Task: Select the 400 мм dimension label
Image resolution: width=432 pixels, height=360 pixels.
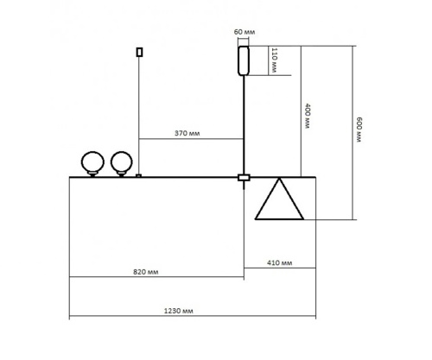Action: (x=307, y=115)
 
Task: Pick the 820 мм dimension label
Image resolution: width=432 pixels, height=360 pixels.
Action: (x=156, y=270)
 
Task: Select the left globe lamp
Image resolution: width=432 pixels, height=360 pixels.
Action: (x=92, y=161)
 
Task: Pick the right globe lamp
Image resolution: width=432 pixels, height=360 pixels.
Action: (x=121, y=161)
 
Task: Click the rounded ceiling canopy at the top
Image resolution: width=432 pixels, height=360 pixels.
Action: (x=244, y=60)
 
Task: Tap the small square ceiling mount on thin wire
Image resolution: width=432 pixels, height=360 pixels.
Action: (x=138, y=52)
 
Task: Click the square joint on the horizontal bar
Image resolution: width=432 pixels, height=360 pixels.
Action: (x=244, y=178)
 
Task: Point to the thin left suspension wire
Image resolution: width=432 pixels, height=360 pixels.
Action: (x=138, y=112)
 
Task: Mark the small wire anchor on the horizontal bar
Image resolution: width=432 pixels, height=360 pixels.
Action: (x=138, y=176)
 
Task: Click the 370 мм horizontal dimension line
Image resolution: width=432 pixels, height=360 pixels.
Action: (x=190, y=140)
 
